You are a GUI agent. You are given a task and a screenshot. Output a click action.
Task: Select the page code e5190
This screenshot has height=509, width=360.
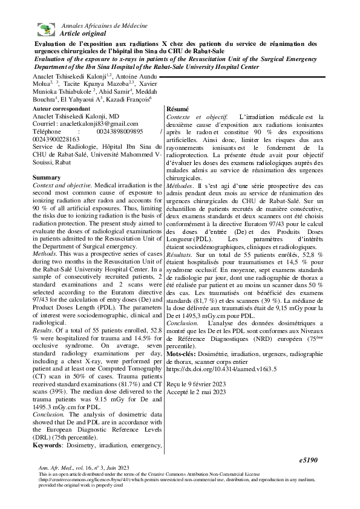(309, 460)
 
